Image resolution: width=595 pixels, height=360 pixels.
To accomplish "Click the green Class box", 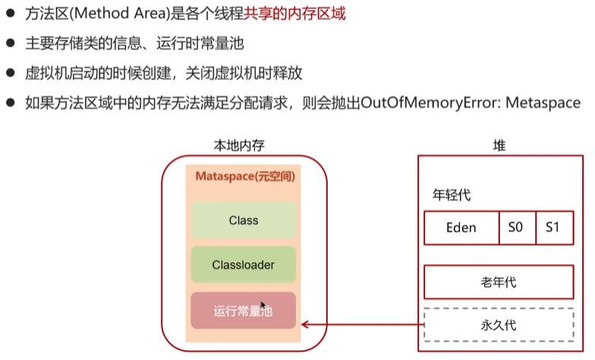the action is pos(244,220).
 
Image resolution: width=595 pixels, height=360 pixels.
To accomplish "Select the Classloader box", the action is pos(244,266).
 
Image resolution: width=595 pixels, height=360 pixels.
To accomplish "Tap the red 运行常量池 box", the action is pos(244,311).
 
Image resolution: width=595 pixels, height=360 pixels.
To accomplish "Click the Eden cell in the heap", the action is pos(461,228).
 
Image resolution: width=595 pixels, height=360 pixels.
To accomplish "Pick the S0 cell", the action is pos(517,228).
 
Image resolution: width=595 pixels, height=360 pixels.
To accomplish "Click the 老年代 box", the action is pos(498,282).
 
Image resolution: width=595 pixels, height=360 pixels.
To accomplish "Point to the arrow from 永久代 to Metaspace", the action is pos(360,326).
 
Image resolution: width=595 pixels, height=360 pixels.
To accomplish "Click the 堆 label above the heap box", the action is pos(499,144).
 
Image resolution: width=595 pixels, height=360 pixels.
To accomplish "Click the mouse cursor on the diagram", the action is pos(263,304).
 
